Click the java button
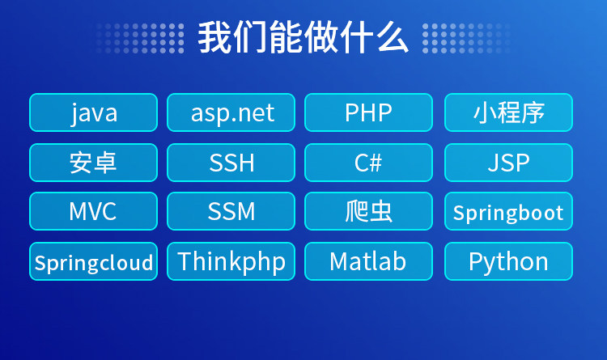click(93, 112)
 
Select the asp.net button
click(231, 112)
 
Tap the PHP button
click(368, 112)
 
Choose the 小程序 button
click(509, 112)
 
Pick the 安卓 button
click(93, 163)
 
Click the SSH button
click(231, 163)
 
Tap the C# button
click(368, 163)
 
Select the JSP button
click(509, 163)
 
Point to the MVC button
click(93, 211)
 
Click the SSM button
click(231, 211)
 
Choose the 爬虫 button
click(368, 211)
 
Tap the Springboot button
click(509, 211)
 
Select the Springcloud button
click(93, 261)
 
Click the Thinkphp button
click(231, 261)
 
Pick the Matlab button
click(368, 261)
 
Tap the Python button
click(509, 261)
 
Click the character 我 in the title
click(214, 37)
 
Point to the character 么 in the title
click(393, 37)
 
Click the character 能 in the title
click(286, 37)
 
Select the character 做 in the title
click(321, 37)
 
